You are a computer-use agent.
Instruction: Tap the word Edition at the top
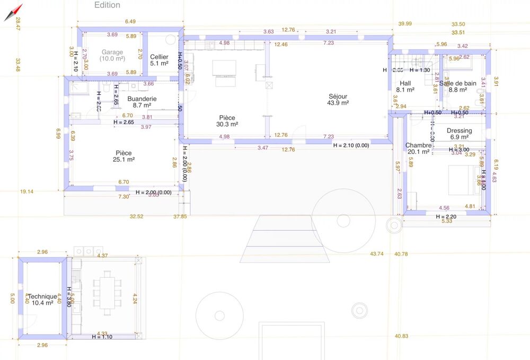click(x=107, y=5)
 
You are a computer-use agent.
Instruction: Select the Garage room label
click(x=112, y=52)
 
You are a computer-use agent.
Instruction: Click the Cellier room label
click(x=159, y=57)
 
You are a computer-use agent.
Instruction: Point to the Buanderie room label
click(x=142, y=99)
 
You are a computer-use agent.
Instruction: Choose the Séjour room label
click(x=338, y=96)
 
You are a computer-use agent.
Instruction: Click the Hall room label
click(x=405, y=83)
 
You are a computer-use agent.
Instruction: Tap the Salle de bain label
click(x=458, y=83)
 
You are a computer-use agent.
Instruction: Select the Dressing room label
click(x=459, y=130)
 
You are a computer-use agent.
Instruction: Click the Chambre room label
click(x=419, y=145)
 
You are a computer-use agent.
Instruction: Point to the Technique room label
click(x=42, y=296)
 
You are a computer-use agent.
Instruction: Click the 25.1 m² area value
click(x=123, y=159)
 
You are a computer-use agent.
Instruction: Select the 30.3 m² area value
click(x=227, y=124)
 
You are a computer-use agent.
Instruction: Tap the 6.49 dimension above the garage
click(x=130, y=22)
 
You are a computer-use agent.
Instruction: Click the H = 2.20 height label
click(x=446, y=216)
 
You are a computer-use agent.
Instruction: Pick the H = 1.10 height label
click(x=102, y=337)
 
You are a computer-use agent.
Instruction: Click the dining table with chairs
click(x=108, y=292)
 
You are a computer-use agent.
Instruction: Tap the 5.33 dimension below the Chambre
click(x=446, y=222)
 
